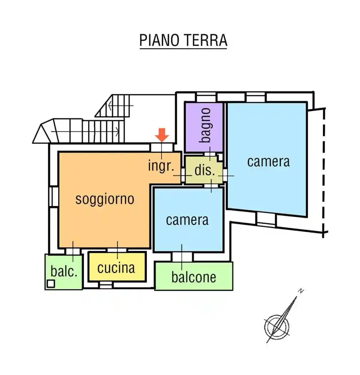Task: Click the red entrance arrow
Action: pyautogui.click(x=162, y=135)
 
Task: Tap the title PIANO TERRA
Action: pyautogui.click(x=183, y=41)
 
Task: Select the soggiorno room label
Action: pyautogui.click(x=105, y=199)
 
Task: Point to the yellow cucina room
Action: pyautogui.click(x=116, y=267)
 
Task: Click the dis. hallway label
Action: pyautogui.click(x=205, y=170)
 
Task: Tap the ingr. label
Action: pyautogui.click(x=161, y=166)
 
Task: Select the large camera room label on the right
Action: pyautogui.click(x=268, y=161)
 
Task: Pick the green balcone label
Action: pyautogui.click(x=194, y=277)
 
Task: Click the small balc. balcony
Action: pyautogui.click(x=64, y=271)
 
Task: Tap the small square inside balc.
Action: pyautogui.click(x=51, y=284)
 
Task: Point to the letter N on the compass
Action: pyautogui.click(x=301, y=291)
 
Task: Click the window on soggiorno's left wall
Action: pyautogui.click(x=54, y=196)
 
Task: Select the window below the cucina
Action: pyautogui.click(x=105, y=285)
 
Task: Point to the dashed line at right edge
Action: pyautogui.click(x=324, y=171)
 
